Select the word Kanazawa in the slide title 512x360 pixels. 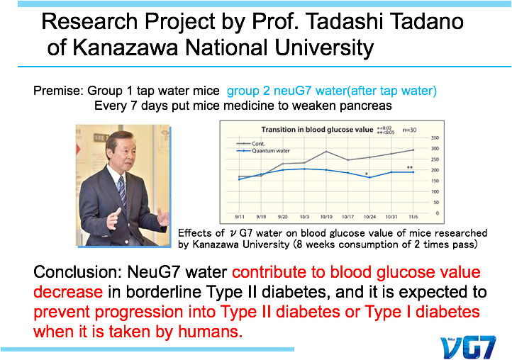[125, 47]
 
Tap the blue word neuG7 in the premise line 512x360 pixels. [292, 91]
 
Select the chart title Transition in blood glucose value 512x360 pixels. [317, 130]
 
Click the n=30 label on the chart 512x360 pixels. [409, 130]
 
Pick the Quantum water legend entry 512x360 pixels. [263, 151]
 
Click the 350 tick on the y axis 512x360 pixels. [435, 138]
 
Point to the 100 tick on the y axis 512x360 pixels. [435, 192]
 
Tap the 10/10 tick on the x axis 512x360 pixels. [326, 217]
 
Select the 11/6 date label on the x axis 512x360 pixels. [413, 217]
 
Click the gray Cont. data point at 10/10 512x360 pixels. [326, 152]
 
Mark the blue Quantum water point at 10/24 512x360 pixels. [370, 178]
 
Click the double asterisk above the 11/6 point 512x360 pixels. [410, 168]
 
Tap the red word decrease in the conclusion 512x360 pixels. [68, 292]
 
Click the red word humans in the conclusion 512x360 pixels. [211, 332]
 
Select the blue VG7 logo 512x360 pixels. [467, 347]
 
